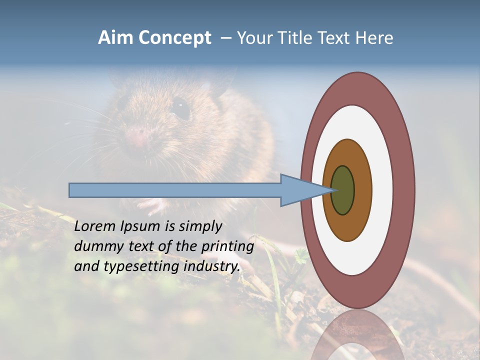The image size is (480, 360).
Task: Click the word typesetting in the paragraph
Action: click(x=142, y=266)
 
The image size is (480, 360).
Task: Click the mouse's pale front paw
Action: click(x=150, y=204)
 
